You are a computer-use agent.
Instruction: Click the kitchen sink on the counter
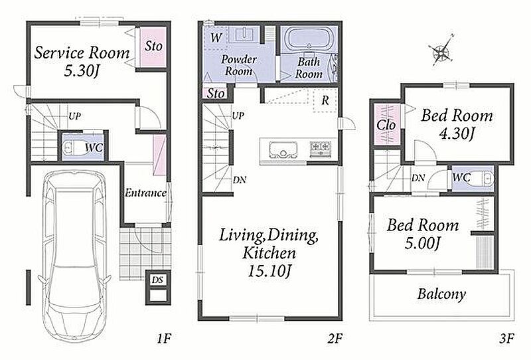tap(283, 149)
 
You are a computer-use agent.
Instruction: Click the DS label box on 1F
tap(157, 280)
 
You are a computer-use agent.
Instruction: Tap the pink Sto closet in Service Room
tap(153, 46)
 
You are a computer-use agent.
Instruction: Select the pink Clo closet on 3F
tap(386, 124)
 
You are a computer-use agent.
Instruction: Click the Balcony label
tap(441, 294)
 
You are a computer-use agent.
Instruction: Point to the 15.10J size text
tap(270, 271)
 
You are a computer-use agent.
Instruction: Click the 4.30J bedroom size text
tap(456, 134)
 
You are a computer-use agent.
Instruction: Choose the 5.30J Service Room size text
tap(81, 70)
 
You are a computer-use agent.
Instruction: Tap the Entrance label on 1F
tap(145, 193)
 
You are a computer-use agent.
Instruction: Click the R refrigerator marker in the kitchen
tap(325, 100)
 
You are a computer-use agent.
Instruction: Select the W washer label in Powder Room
tap(216, 38)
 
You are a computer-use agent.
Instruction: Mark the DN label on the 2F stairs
tap(240, 179)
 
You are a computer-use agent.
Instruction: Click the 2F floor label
tap(335, 338)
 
